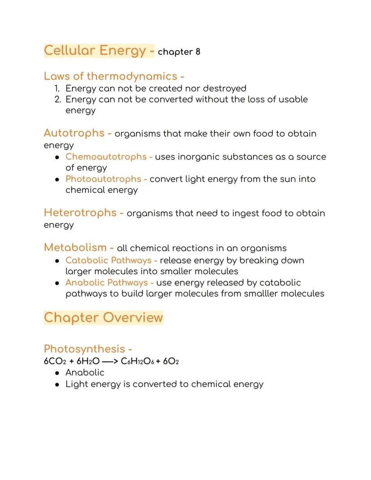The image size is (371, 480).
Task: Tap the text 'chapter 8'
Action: click(x=179, y=52)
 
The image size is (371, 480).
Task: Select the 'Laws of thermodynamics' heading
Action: click(x=110, y=76)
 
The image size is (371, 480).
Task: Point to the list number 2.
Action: click(x=57, y=99)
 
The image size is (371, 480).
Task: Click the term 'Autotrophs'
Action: click(x=74, y=133)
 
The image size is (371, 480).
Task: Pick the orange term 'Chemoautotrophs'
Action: click(x=106, y=157)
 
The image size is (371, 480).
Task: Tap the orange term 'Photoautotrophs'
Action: click(x=103, y=179)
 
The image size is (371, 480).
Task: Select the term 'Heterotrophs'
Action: click(x=80, y=212)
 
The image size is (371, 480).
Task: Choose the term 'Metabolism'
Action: click(x=75, y=247)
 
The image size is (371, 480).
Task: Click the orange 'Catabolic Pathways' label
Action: click(x=108, y=260)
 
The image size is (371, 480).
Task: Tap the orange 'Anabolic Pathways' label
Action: click(x=107, y=283)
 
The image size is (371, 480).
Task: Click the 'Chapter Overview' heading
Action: click(x=104, y=317)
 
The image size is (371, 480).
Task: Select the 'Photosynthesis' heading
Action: click(x=84, y=349)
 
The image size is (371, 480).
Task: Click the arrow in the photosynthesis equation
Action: click(x=110, y=361)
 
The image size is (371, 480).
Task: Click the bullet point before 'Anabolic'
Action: click(x=57, y=373)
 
